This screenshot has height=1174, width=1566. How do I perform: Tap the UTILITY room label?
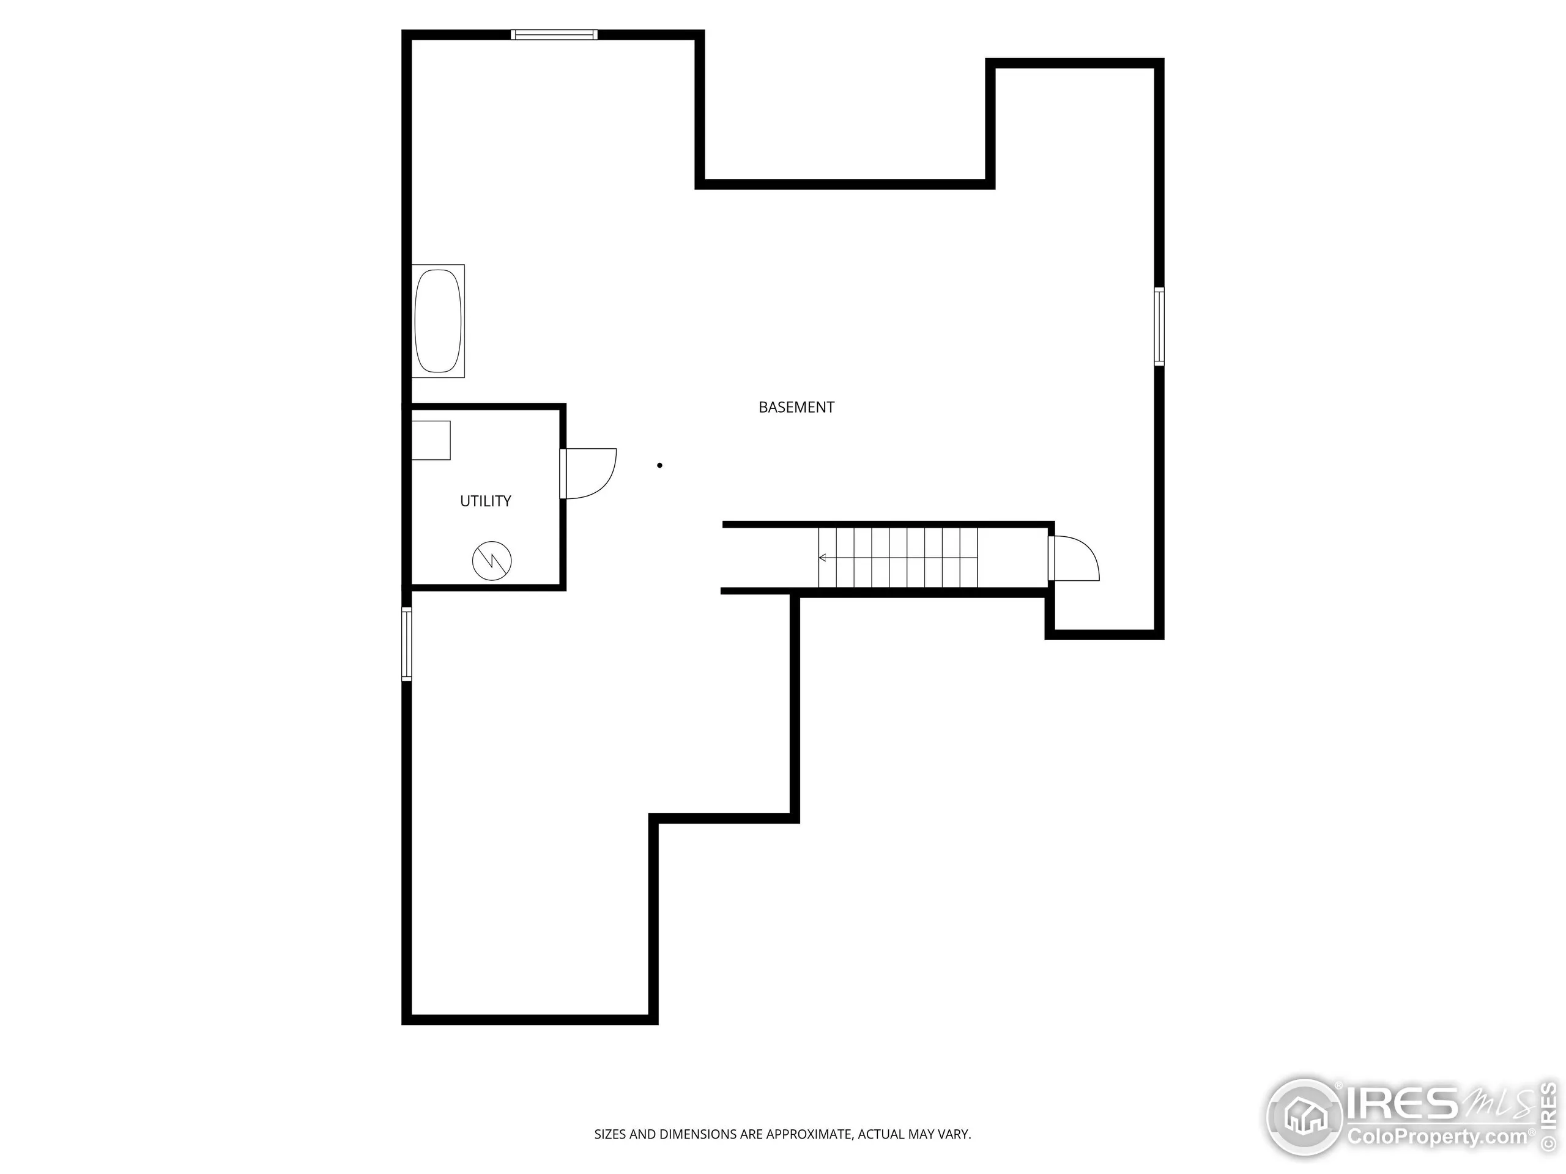485,501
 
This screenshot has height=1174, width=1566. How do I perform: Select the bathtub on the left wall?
437,320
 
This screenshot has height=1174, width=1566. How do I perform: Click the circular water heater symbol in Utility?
491,561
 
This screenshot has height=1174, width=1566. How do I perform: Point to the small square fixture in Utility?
431,440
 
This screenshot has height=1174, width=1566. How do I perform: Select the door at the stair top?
1074,559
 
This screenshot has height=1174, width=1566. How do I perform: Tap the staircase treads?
897,558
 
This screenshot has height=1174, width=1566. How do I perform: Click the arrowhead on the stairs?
822,558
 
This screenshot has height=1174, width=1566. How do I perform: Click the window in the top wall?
554,34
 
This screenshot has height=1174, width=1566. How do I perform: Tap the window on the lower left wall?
406,644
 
